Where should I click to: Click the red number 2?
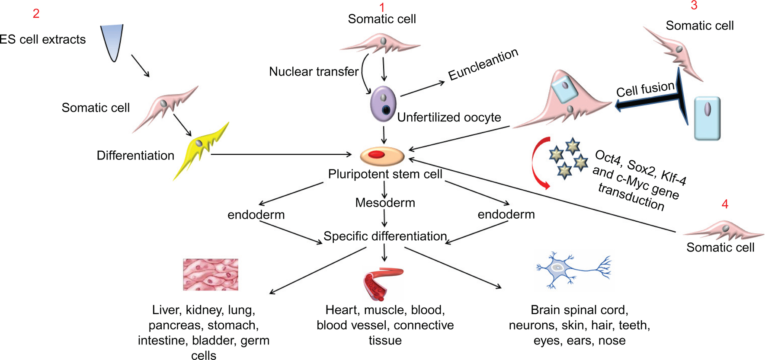(x=36, y=14)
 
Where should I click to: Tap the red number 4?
(x=725, y=204)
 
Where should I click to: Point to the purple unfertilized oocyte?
(x=383, y=104)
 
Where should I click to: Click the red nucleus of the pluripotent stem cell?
(x=377, y=155)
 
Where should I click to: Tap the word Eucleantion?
(x=483, y=64)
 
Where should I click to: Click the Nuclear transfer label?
(x=314, y=71)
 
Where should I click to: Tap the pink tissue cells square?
(x=211, y=274)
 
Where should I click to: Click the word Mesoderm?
(x=385, y=203)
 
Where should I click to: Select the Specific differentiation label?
(x=385, y=236)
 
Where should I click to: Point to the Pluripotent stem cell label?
(x=385, y=174)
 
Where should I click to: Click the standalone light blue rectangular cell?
(x=707, y=118)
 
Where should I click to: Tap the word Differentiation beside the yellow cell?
(x=135, y=156)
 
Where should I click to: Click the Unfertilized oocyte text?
(x=449, y=118)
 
